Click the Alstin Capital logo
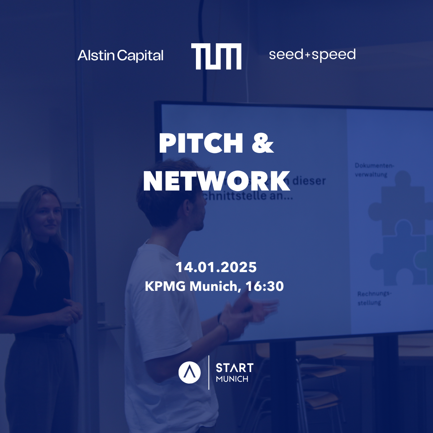(121, 56)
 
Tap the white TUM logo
(216, 56)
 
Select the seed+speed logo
(312, 55)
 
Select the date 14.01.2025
(216, 267)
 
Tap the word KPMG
(165, 287)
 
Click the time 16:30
(264, 287)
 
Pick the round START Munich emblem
(189, 373)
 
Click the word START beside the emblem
(235, 368)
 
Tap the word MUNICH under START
(232, 379)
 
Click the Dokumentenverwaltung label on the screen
(374, 170)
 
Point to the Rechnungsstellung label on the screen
(374, 298)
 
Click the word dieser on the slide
(309, 180)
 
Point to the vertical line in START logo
(209, 372)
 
